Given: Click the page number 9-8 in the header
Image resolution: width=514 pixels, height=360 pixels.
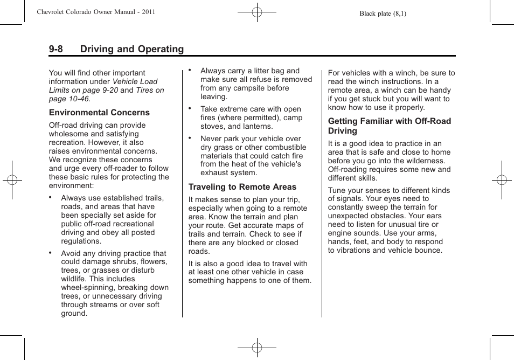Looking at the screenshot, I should pos(55,49).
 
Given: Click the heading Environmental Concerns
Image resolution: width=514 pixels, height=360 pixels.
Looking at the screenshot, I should pos(99,113).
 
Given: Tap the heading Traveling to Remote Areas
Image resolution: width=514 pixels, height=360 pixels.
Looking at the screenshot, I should pos(242,187).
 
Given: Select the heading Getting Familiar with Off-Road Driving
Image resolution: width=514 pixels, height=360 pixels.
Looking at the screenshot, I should pos(389,126).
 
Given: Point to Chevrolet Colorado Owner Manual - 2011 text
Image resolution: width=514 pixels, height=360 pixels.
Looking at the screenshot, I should pos(96,11).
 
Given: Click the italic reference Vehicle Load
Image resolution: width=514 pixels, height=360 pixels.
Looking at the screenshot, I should pos(135,81).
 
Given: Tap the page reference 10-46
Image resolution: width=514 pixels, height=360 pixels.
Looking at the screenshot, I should pos(78,99).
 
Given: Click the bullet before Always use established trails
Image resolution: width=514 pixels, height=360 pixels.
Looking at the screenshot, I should pos(51,197).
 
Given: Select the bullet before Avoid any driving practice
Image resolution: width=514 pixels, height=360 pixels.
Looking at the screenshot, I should pos(51,252).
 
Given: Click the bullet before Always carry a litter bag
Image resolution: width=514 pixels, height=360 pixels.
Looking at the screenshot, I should pos(190,70).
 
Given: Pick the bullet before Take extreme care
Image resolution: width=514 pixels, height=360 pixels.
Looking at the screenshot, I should pos(190,108).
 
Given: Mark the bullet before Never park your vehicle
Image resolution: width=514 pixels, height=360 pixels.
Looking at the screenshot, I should pos(190,137).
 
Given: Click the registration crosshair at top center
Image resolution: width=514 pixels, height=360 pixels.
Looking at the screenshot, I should pos(257,11).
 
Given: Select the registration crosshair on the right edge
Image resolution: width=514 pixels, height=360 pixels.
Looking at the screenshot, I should pos(501,180).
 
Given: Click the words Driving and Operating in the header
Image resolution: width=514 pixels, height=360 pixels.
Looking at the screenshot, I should pos(132,49).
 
